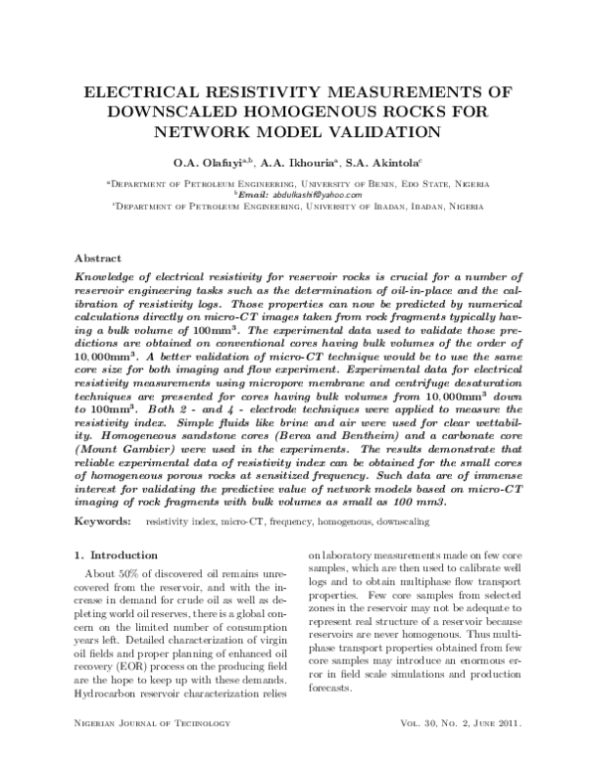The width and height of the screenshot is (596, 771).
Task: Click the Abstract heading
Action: click(x=98, y=256)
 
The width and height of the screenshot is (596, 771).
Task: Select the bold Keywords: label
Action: click(x=105, y=521)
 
